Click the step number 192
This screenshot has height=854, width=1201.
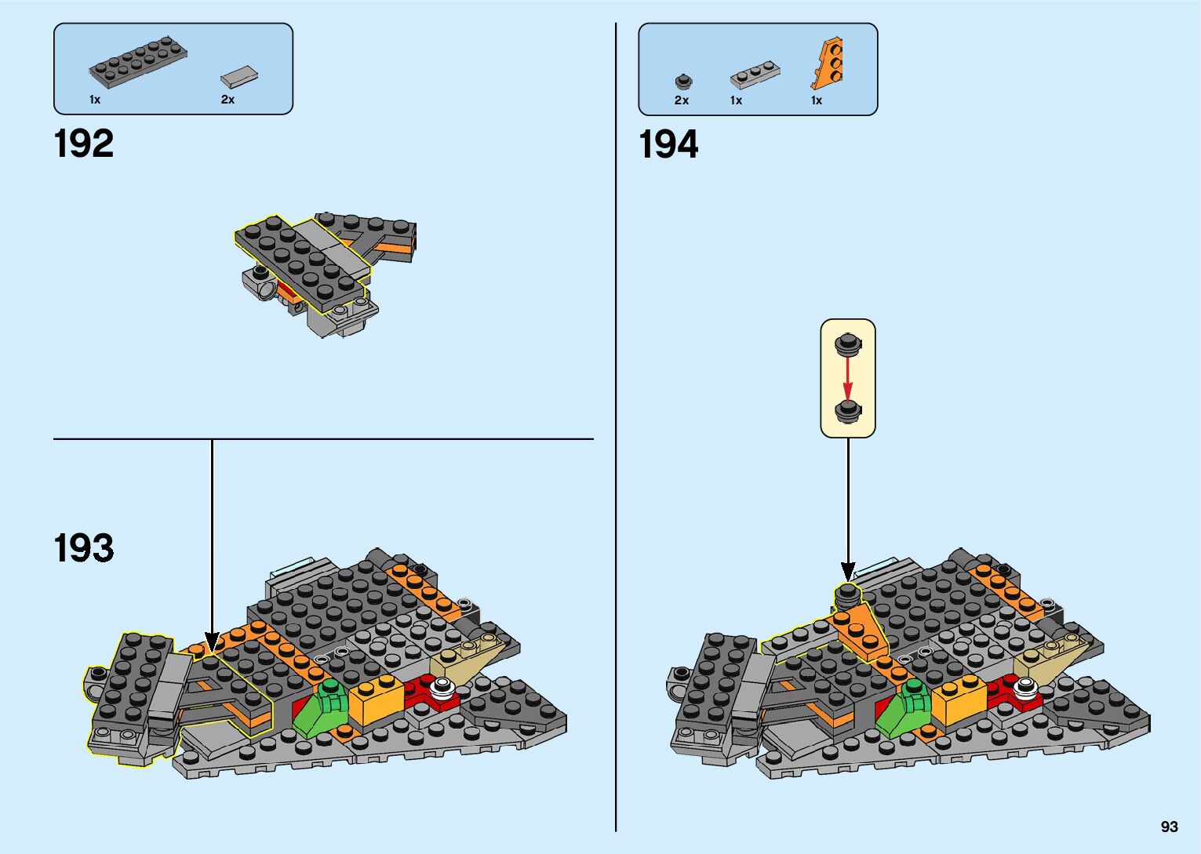point(84,144)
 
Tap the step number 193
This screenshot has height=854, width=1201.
point(84,548)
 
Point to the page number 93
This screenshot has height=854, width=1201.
point(1169,827)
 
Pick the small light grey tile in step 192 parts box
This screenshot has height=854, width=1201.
point(239,76)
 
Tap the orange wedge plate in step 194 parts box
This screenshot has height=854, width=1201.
point(827,62)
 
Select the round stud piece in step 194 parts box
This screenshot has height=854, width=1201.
point(683,81)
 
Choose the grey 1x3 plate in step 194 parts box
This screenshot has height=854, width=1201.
point(755,75)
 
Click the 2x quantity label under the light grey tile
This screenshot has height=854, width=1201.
point(227,100)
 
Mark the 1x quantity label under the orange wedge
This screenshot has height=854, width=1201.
point(817,100)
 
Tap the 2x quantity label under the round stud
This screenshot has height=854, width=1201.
point(681,100)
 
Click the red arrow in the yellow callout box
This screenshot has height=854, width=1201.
point(847,379)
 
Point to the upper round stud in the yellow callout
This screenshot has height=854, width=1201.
point(847,343)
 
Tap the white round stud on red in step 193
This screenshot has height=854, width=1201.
point(443,690)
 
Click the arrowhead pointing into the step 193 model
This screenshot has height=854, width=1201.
point(211,641)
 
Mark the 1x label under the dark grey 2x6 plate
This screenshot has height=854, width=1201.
point(95,100)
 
